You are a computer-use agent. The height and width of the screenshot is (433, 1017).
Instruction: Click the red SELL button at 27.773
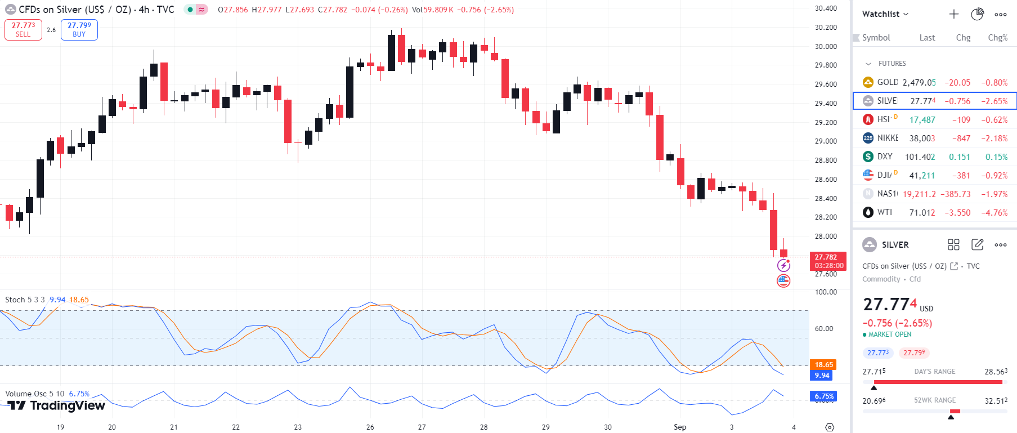point(23,29)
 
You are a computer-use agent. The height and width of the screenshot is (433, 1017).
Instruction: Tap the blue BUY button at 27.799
point(79,29)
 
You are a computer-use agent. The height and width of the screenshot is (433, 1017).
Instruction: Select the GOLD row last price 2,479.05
point(919,83)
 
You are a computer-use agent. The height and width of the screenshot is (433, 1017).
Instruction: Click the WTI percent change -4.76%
point(994,213)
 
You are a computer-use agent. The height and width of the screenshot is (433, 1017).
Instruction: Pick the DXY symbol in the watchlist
point(884,157)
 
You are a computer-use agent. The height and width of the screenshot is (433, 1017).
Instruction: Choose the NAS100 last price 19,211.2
point(919,194)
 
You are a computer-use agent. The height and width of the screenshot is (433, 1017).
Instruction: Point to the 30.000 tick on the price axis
point(826,46)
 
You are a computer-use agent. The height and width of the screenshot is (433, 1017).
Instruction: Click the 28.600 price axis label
point(826,179)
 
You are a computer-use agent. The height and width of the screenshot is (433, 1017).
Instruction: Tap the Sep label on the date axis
point(680,427)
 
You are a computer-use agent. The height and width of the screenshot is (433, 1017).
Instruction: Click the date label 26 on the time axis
point(370,427)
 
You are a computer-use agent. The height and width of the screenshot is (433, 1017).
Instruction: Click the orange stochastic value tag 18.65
point(823,365)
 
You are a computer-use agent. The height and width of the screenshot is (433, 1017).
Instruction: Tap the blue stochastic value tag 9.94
point(822,376)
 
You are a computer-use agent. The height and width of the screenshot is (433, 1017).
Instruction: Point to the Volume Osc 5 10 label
point(35,394)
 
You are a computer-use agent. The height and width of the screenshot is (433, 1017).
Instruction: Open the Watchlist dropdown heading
point(885,14)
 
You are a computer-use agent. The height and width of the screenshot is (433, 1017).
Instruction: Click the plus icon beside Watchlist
point(953,14)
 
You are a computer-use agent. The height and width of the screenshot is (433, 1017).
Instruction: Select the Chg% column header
point(997,38)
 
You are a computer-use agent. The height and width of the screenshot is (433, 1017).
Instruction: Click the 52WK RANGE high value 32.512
point(996,401)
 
